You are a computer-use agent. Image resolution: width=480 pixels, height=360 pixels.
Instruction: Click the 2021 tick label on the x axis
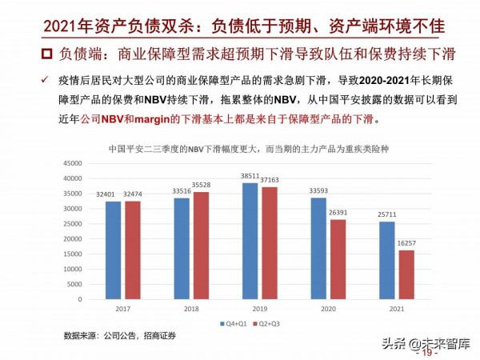click(397, 307)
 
